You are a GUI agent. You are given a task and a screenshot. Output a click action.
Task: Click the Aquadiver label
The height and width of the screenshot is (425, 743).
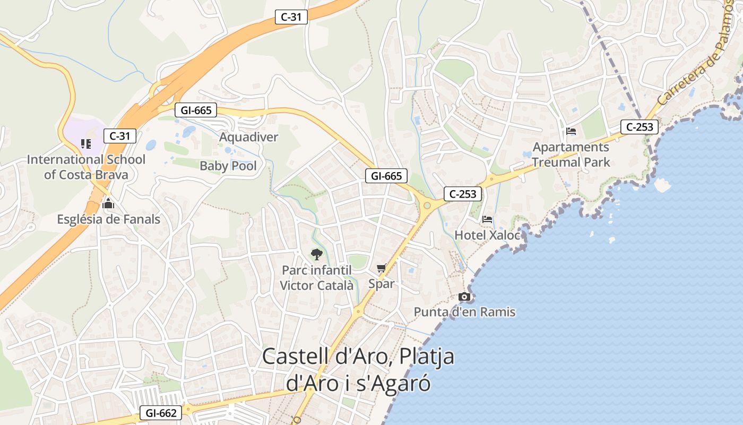point(248,137)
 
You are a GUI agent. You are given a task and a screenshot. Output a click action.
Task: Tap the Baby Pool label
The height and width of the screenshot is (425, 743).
point(228,166)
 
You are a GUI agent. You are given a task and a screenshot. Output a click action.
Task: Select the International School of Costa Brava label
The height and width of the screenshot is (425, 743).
point(86,167)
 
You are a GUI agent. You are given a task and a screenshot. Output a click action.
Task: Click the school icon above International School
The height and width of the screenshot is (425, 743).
point(86,143)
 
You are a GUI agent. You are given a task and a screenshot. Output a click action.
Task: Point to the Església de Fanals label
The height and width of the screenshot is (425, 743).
point(109,219)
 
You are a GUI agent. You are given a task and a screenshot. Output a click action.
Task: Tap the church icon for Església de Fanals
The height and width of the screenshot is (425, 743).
point(108,203)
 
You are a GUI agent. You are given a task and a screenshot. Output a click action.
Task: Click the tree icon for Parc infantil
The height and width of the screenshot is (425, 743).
point(316,254)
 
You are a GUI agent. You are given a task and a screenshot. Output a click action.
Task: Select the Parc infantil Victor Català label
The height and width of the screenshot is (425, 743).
point(316,278)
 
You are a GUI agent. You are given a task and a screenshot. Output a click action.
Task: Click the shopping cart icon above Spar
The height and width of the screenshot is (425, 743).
point(381,268)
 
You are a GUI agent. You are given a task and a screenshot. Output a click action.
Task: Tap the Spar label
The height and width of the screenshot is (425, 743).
point(382,284)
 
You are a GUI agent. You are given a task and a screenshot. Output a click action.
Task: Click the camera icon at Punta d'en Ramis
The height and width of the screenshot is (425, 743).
point(464,297)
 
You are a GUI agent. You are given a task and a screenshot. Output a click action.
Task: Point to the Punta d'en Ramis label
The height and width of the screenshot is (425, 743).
point(464,312)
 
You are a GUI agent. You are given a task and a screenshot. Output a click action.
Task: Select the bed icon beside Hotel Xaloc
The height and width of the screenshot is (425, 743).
point(487,219)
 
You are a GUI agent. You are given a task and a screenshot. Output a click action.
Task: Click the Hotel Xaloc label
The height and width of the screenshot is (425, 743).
point(487,235)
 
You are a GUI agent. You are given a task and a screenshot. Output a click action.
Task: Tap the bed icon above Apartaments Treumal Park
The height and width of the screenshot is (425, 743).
point(571,131)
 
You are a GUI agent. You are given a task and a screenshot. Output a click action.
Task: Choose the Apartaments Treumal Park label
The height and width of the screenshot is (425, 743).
point(571,155)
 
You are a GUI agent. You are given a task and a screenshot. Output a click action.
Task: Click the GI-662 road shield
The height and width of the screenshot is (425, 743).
point(161,413)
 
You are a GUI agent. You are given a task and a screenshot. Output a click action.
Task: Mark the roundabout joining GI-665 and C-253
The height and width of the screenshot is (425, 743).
point(427,205)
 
